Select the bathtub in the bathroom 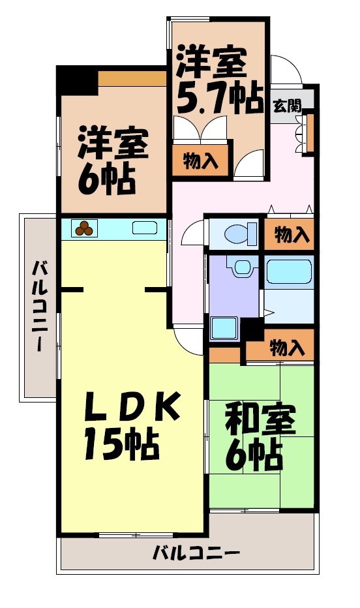point(290,271)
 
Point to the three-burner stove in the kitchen point(84,228)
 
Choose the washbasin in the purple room point(242,267)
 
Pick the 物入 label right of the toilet point(291,235)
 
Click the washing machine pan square point(223,327)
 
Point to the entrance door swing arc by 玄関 point(284,68)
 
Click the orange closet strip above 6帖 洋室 point(131,78)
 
